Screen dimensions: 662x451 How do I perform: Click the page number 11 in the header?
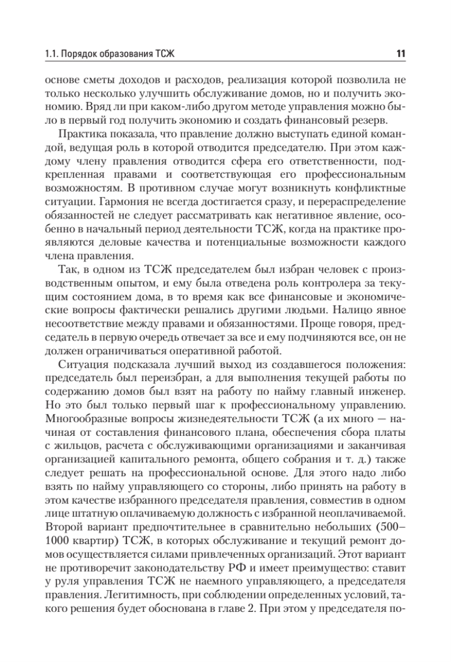(400, 54)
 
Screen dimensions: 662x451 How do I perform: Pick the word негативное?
(290, 207)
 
